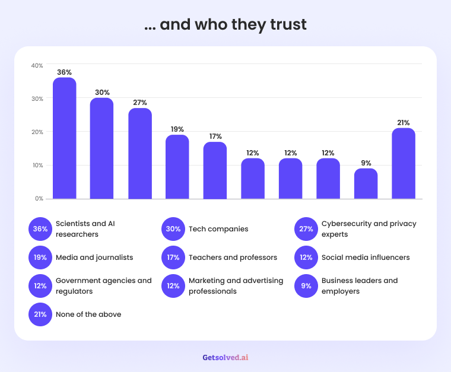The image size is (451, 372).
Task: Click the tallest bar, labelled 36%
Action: point(65,138)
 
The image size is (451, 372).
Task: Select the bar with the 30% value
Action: point(102,148)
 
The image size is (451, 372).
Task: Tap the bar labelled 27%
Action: point(140,153)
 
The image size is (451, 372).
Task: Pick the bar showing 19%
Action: point(177,167)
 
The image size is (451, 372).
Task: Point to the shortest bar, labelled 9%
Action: point(366,183)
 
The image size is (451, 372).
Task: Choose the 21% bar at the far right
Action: point(404,163)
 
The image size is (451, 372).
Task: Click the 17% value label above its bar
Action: point(215,136)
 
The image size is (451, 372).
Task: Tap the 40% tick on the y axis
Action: point(37,65)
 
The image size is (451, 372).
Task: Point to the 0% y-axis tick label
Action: point(39,198)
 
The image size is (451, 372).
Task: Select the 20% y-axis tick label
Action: point(37,132)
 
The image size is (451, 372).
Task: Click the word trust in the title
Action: point(288,24)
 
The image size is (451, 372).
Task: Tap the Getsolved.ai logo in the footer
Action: point(225,357)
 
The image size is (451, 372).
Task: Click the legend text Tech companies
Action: point(218,229)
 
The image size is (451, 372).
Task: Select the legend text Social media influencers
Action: point(366,257)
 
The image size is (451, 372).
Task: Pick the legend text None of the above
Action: point(88,314)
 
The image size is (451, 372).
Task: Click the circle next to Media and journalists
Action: point(40,257)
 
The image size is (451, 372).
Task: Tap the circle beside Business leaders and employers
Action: point(306,286)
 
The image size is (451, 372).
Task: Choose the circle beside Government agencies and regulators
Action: point(40,286)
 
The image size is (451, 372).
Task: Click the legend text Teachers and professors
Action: point(233,257)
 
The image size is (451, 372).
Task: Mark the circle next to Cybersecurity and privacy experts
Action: point(306,229)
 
